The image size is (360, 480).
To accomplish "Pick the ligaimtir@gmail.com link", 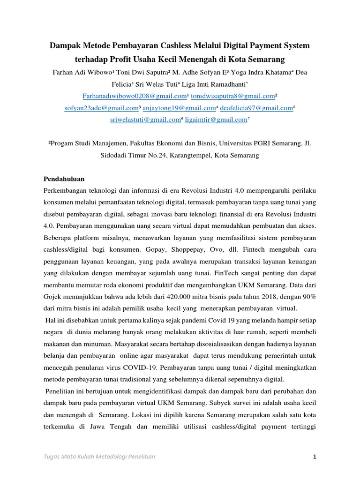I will tap(216, 120).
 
